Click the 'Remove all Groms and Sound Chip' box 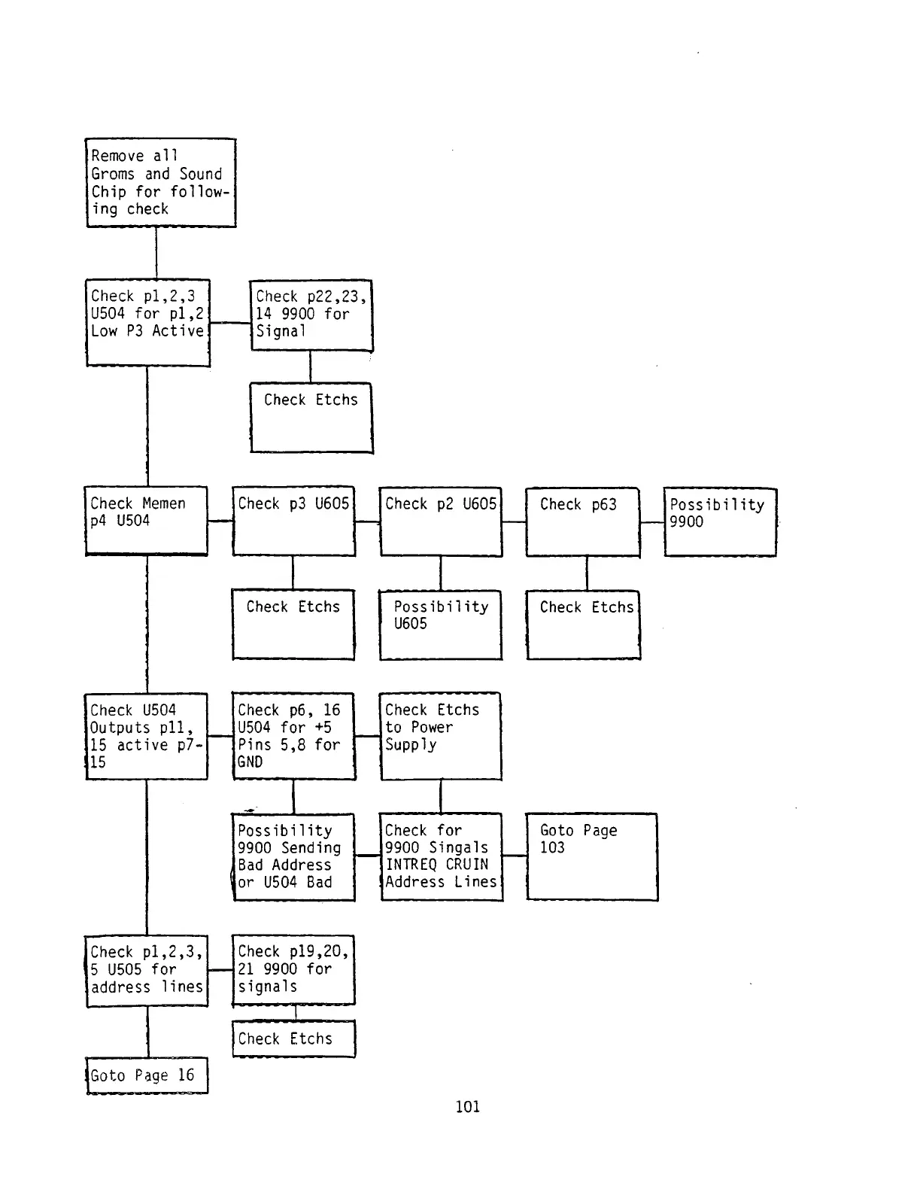[160, 182]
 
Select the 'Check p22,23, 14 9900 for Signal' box [311, 315]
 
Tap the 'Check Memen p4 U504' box [146, 521]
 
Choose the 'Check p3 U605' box [293, 521]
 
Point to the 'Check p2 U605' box [440, 521]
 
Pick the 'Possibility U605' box [440, 625]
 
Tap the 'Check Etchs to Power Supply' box [440, 736]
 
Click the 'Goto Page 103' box [591, 856]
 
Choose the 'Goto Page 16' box [147, 1075]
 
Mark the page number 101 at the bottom [467, 1106]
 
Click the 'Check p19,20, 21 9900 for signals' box [293, 969]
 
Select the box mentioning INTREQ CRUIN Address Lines [441, 856]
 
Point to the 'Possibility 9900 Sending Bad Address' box [293, 856]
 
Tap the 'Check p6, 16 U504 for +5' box [293, 736]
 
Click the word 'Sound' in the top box [200, 174]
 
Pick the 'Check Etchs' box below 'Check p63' [583, 625]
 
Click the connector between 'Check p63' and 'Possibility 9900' [651, 521]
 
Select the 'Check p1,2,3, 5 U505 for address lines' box [147, 970]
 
